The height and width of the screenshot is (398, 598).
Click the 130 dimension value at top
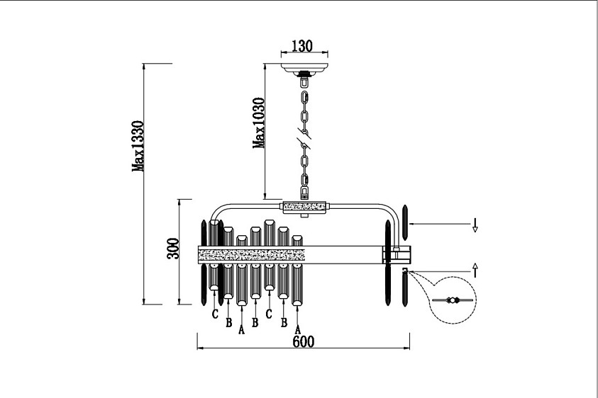click(x=302, y=46)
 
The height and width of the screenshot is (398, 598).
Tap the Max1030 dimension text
click(x=259, y=123)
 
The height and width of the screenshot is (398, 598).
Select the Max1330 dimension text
click(x=138, y=146)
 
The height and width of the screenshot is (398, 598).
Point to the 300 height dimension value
click(x=173, y=249)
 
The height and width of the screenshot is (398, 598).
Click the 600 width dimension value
click(x=304, y=341)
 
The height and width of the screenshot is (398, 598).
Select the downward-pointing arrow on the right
click(x=475, y=224)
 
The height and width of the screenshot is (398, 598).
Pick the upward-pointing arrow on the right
click(x=475, y=270)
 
